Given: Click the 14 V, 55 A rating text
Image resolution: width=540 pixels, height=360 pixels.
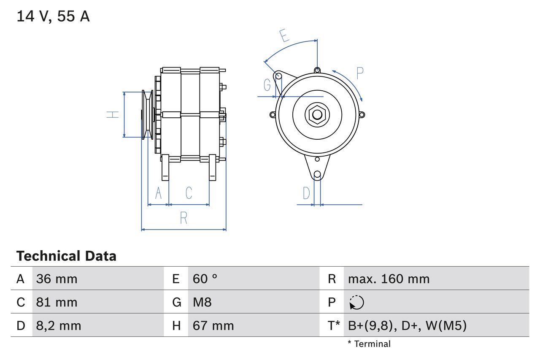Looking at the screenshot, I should pyautogui.click(x=53, y=16).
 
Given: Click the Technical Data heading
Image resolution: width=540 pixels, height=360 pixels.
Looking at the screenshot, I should pyautogui.click(x=66, y=256).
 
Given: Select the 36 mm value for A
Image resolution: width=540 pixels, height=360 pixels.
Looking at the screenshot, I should pyautogui.click(x=57, y=279).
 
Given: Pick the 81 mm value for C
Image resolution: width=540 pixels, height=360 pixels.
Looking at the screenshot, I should pyautogui.click(x=57, y=302).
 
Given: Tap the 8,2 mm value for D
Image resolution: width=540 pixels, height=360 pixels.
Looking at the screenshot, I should pyautogui.click(x=59, y=325).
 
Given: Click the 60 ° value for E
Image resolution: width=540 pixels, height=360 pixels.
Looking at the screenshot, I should pyautogui.click(x=205, y=279).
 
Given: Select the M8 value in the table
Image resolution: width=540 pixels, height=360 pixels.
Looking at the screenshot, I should pyautogui.click(x=202, y=302).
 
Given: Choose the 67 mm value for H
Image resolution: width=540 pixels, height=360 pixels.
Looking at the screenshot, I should pyautogui.click(x=213, y=325).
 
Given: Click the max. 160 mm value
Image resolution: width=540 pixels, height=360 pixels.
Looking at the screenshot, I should pyautogui.click(x=389, y=279).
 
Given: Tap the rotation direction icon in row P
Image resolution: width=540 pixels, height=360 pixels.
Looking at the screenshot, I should pyautogui.click(x=356, y=303).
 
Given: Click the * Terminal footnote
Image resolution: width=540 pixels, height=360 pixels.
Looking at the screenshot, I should pyautogui.click(x=369, y=344).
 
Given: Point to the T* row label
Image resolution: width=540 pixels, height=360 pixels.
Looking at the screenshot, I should pyautogui.click(x=333, y=325).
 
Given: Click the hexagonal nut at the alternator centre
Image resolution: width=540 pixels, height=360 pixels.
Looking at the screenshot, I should pyautogui.click(x=316, y=114).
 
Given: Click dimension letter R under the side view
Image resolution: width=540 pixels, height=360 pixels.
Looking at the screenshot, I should pyautogui.click(x=184, y=218).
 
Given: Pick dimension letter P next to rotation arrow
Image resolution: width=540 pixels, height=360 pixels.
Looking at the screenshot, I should pyautogui.click(x=359, y=73).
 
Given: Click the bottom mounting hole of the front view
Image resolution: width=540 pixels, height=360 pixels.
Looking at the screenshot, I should pyautogui.click(x=317, y=174).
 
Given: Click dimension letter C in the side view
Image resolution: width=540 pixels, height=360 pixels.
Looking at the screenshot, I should pyautogui.click(x=189, y=193).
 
